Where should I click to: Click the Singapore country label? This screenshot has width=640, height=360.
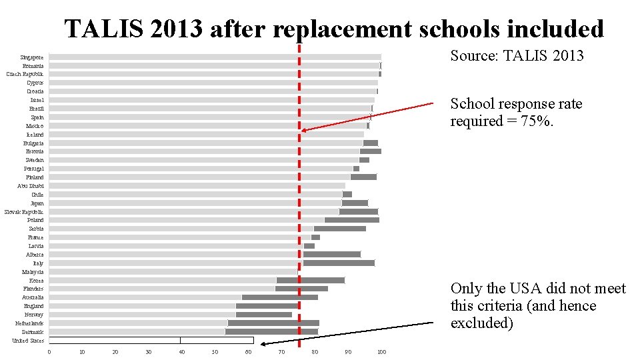[32, 57]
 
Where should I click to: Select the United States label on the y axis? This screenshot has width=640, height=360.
[28, 341]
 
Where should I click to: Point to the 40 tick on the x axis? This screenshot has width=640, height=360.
[182, 352]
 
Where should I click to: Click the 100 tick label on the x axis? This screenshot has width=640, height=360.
[381, 352]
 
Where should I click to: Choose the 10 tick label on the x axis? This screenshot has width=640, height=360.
[82, 352]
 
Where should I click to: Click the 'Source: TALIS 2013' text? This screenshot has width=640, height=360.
[517, 55]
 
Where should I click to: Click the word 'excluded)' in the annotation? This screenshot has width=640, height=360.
[482, 323]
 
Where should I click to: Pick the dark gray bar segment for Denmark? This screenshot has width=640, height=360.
[272, 332]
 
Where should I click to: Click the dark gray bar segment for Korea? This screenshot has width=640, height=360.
[311, 280]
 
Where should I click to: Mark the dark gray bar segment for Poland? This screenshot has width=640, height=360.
[352, 220]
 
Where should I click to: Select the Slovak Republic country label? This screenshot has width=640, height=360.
[25, 211]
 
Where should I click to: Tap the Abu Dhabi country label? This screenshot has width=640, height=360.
[31, 186]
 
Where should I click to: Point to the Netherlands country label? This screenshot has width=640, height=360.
[29, 323]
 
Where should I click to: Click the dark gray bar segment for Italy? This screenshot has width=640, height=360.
[339, 263]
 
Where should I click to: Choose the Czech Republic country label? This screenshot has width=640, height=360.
[25, 74]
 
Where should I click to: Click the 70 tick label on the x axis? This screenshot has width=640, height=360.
[282, 352]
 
